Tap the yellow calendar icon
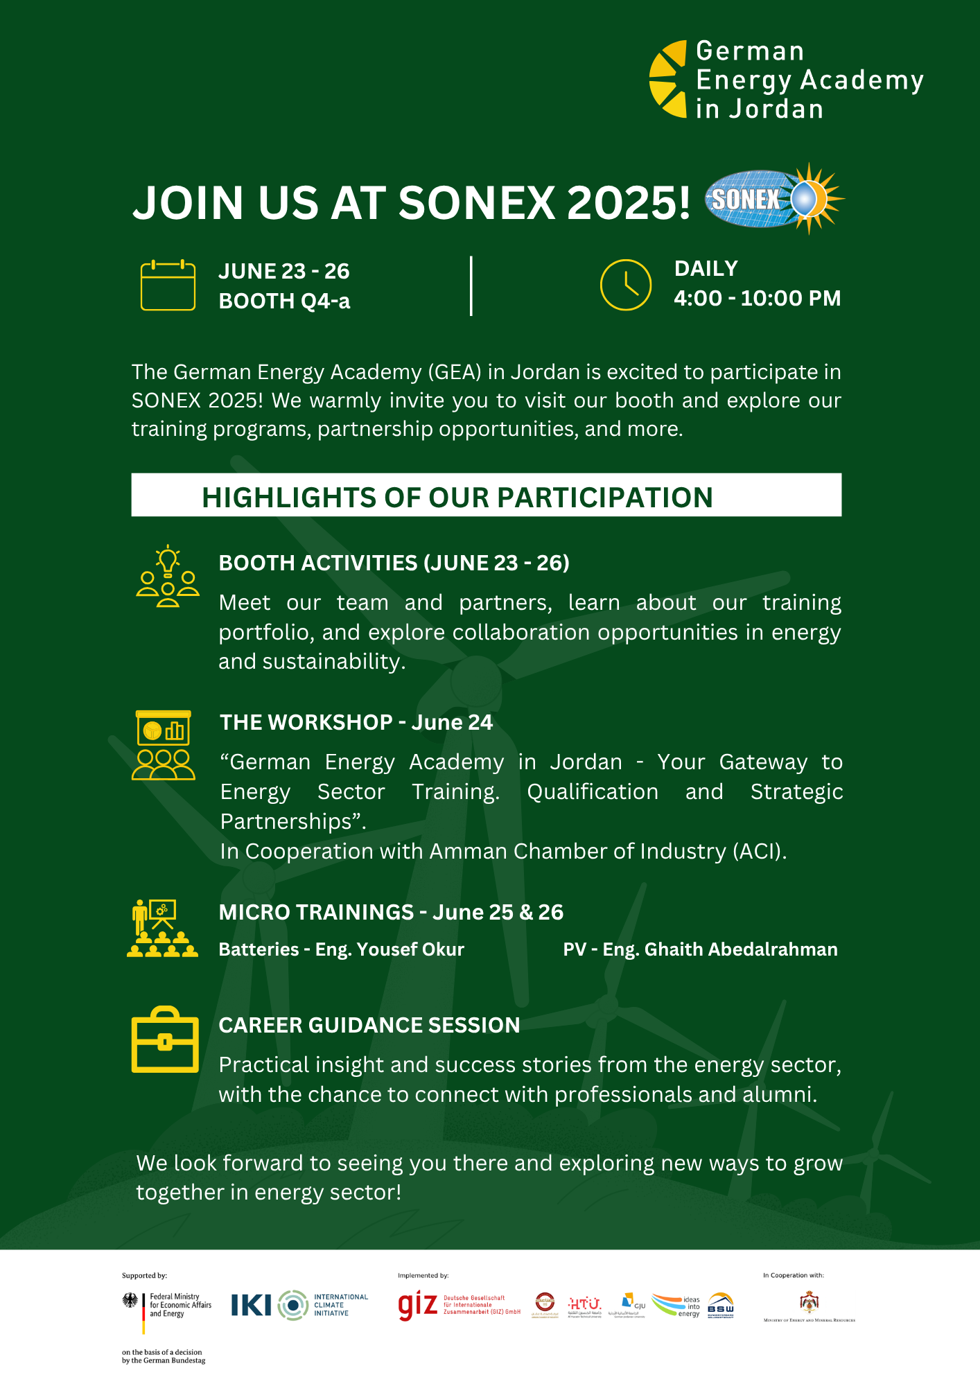coord(168,285)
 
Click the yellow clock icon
coord(625,285)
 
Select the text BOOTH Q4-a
coord(284,301)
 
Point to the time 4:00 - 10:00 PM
coord(757,299)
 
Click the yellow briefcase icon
coord(165,1040)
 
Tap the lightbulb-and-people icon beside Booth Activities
coord(168,577)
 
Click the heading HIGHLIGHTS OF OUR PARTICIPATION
coord(457,497)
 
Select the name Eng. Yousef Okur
coord(390,949)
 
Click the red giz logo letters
coord(417,1306)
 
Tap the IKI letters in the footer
coord(251,1306)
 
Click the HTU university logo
coord(584,1305)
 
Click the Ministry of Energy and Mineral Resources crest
coord(809,1302)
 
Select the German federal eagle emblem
coord(130,1301)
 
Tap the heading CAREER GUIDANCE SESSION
coord(369,1025)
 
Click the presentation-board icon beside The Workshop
coord(164,745)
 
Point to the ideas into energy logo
coord(676,1306)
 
